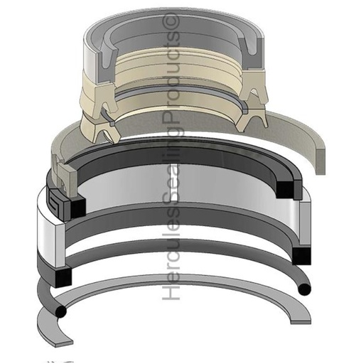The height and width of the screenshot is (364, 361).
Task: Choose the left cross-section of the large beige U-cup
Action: (99, 122)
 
